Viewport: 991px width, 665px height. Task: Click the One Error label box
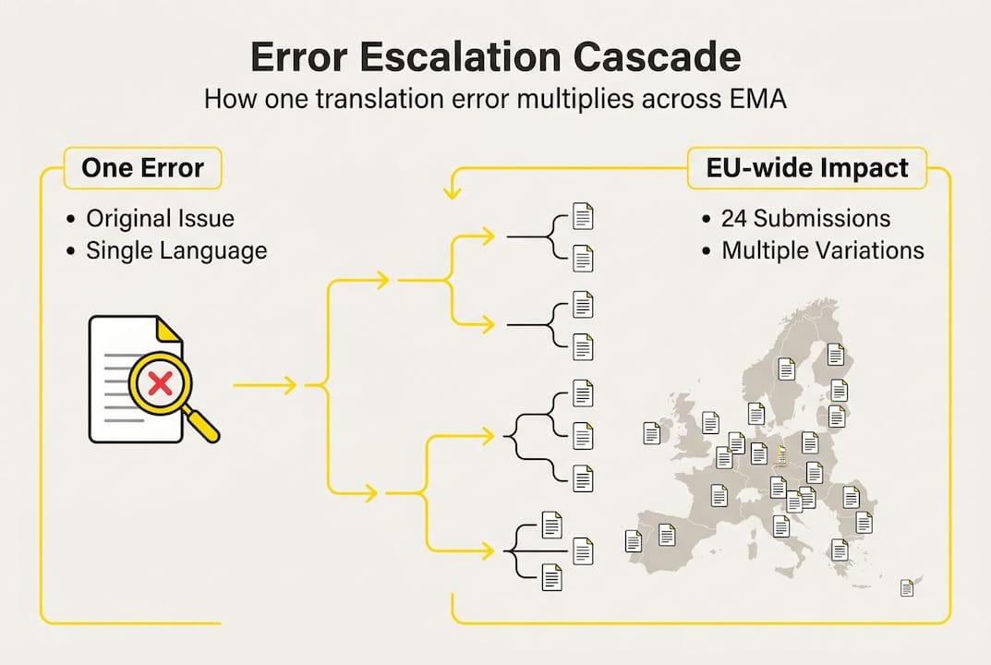(142, 168)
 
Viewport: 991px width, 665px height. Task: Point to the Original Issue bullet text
(160, 219)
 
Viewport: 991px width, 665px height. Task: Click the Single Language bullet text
(176, 250)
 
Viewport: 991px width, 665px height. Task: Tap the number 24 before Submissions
(734, 219)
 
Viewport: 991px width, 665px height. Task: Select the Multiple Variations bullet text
(823, 250)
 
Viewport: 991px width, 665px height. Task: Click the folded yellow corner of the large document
(169, 329)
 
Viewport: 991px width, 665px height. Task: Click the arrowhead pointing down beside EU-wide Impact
(453, 193)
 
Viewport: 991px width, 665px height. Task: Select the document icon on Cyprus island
(907, 587)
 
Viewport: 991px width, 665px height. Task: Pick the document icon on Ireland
(651, 432)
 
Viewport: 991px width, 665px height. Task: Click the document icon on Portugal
(634, 540)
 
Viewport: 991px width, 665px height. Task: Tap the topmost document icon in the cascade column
(583, 217)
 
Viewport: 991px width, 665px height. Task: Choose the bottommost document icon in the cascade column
(551, 578)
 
